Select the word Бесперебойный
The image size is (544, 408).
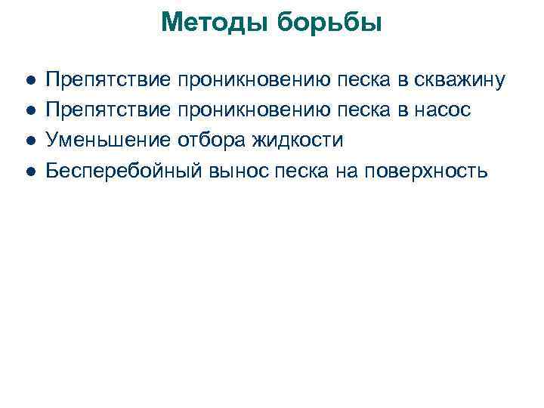[x=124, y=171]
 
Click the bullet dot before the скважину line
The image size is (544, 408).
[x=28, y=80]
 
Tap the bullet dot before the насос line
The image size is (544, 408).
[x=28, y=110]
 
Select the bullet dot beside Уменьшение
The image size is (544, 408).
[x=28, y=141]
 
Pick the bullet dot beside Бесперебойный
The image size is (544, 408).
[x=28, y=171]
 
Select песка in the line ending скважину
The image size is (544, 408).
[x=363, y=80]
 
